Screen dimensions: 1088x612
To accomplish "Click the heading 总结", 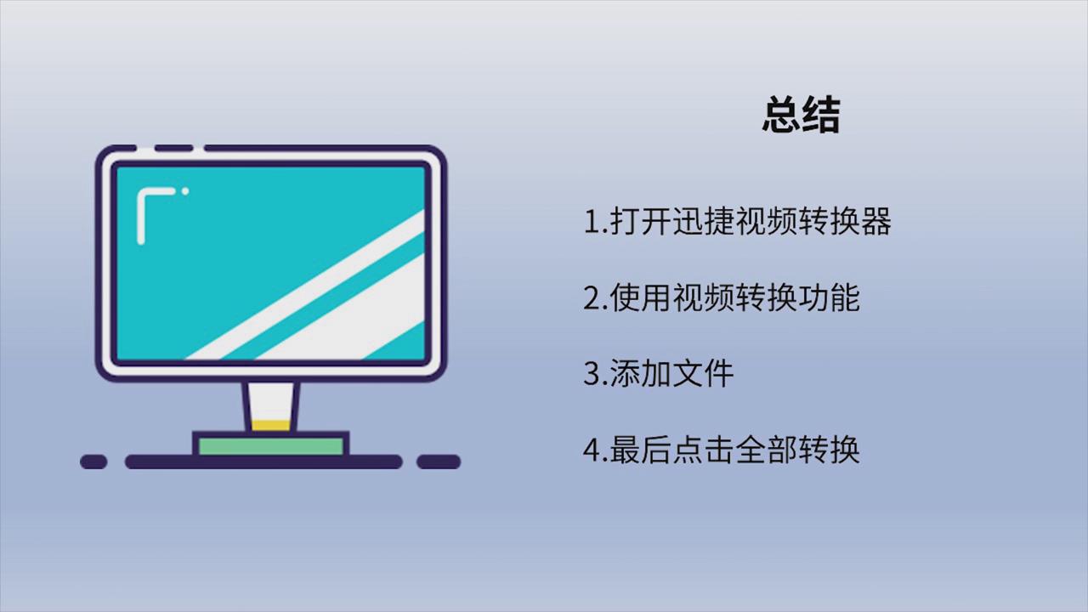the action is pyautogui.click(x=802, y=114).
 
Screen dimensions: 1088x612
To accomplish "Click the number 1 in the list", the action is pyautogui.click(x=593, y=222).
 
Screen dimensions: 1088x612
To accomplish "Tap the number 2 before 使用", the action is pyautogui.click(x=592, y=297).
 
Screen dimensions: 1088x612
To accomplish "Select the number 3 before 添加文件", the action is pyautogui.click(x=592, y=373).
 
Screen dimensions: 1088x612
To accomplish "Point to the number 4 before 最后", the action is pyautogui.click(x=592, y=450).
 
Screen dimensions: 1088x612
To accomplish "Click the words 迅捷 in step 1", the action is pyautogui.click(x=703, y=222).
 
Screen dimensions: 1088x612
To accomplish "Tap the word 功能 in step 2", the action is pyautogui.click(x=829, y=297).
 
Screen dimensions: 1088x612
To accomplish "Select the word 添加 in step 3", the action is pyautogui.click(x=640, y=373).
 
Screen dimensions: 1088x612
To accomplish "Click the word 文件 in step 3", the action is pyautogui.click(x=702, y=373).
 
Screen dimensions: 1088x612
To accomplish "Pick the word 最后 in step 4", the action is pyautogui.click(x=640, y=450).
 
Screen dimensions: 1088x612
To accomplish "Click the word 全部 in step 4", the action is pyautogui.click(x=766, y=450).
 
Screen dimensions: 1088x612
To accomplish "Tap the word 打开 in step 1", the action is pyautogui.click(x=641, y=222).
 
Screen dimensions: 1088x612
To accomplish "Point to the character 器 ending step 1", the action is pyautogui.click(x=875, y=222).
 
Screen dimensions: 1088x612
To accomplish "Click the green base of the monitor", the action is pyautogui.click(x=271, y=446).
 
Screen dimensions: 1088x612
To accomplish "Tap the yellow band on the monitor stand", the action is pyautogui.click(x=271, y=426).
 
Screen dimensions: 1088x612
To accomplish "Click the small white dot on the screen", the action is pyautogui.click(x=185, y=191).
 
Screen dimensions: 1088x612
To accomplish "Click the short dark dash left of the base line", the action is pyautogui.click(x=93, y=462).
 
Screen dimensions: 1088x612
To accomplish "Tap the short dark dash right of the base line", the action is pyautogui.click(x=439, y=462).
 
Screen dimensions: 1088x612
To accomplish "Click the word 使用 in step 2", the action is pyautogui.click(x=641, y=297).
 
